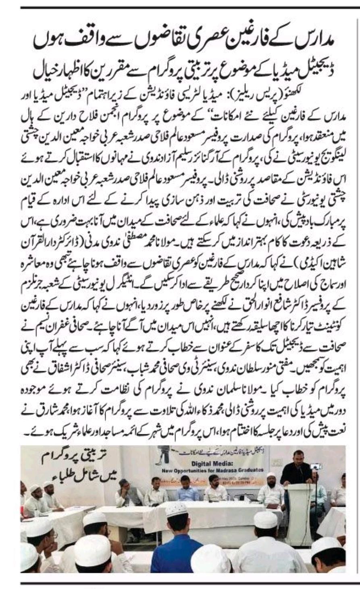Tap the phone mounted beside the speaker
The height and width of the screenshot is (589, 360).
coord(317,466)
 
